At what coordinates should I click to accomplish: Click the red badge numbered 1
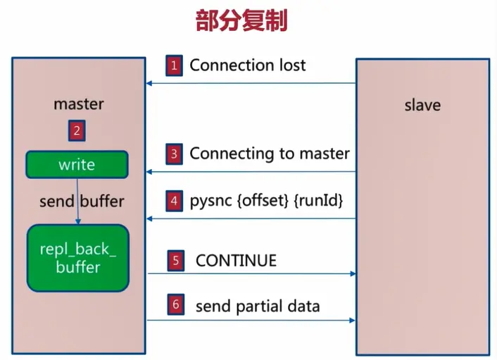pos(174,66)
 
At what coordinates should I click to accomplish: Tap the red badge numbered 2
pos(76,130)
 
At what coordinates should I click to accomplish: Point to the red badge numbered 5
pos(176,261)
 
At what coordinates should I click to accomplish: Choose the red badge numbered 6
pos(176,306)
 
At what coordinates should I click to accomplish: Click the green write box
pos(77,165)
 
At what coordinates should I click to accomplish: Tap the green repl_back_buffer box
pos(78,258)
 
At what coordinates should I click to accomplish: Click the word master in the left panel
pos(78,104)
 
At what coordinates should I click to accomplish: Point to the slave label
pos(422,106)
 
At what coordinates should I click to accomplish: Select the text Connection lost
pos(248,66)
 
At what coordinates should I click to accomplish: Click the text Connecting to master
pos(270,153)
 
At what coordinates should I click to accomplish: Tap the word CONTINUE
pos(236,261)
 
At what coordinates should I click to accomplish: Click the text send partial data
pos(258,306)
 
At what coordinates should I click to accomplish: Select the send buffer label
pos(82,201)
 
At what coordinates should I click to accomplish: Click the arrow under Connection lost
pos(251,84)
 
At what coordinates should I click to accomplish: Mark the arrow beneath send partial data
pos(251,321)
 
